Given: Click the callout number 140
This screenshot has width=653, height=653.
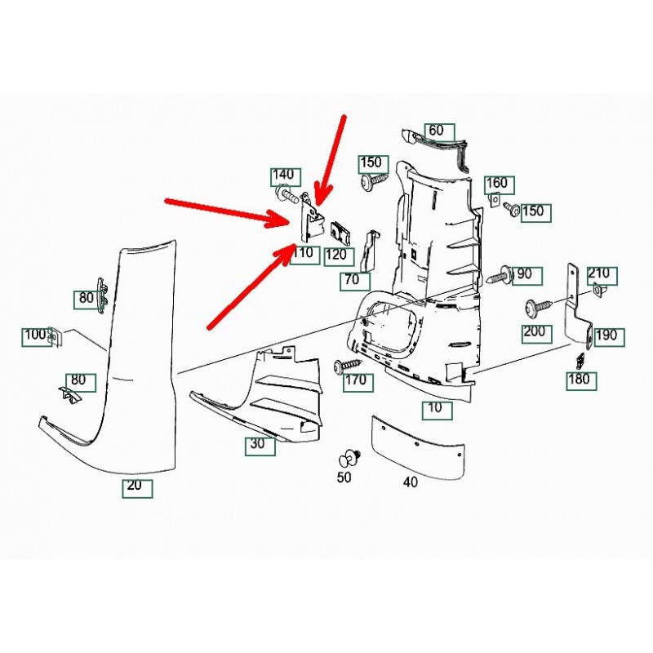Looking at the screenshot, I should point(282,175).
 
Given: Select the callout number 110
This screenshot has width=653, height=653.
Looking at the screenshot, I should point(303,253).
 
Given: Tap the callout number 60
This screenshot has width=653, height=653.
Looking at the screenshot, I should point(436,131).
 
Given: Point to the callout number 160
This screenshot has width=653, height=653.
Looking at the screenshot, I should point(496,184).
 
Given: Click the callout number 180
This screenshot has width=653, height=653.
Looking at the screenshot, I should point(580,379).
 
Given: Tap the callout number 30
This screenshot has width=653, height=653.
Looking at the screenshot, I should point(257,445).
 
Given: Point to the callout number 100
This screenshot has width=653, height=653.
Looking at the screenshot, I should point(35,335).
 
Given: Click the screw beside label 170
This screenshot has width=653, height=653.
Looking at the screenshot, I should point(345,366).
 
